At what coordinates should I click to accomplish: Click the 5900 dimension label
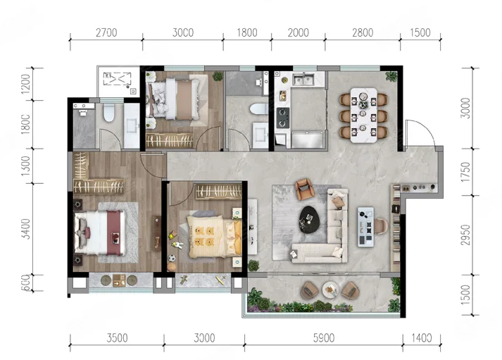[x=324, y=338]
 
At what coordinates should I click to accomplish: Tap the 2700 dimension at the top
[x=106, y=32]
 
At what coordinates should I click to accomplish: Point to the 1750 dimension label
[x=465, y=172]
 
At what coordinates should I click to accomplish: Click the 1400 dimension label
[x=421, y=338]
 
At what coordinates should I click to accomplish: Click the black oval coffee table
[x=308, y=219]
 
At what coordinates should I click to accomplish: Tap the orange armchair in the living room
[x=304, y=189]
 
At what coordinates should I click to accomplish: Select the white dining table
[x=363, y=116]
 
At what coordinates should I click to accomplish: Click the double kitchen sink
[x=303, y=79]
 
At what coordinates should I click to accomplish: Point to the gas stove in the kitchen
[x=283, y=118]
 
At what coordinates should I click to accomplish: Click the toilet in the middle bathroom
[x=258, y=109]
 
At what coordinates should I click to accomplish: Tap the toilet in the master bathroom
[x=109, y=113]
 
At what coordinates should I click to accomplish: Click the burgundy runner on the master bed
[x=115, y=233]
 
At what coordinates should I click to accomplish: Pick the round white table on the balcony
[x=330, y=290]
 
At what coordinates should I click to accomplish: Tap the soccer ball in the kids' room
[x=172, y=258]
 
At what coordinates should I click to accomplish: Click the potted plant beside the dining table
[x=391, y=76]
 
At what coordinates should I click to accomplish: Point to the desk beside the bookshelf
[x=365, y=227]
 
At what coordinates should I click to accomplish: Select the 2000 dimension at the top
[x=298, y=32]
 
